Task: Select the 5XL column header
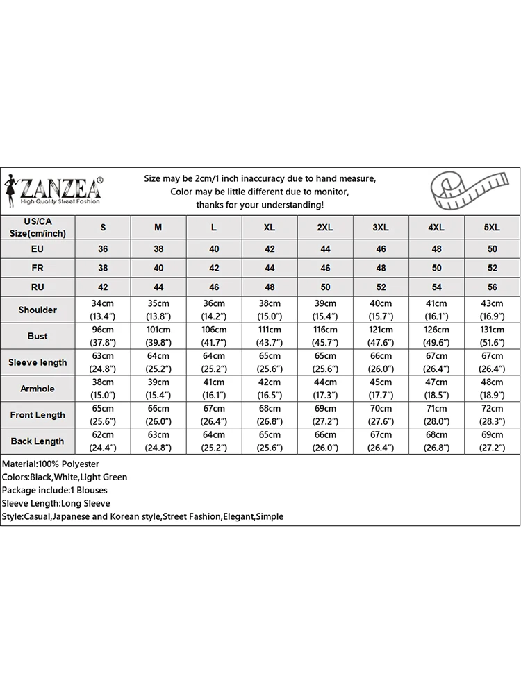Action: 492,228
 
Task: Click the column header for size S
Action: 104,228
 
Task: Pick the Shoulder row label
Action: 38,310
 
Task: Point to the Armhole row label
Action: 38,389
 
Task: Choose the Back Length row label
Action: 38,441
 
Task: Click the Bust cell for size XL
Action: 270,336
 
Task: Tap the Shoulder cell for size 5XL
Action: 492,310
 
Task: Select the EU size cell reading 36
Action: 104,248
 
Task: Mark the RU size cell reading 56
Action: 492,287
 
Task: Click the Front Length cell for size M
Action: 158,415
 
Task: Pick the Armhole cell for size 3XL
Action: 381,389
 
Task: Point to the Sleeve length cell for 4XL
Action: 436,362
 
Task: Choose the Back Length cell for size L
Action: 214,441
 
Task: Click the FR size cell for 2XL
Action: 325,268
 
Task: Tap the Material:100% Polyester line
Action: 51,464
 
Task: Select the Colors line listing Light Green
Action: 65,477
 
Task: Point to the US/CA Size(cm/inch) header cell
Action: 38,228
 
